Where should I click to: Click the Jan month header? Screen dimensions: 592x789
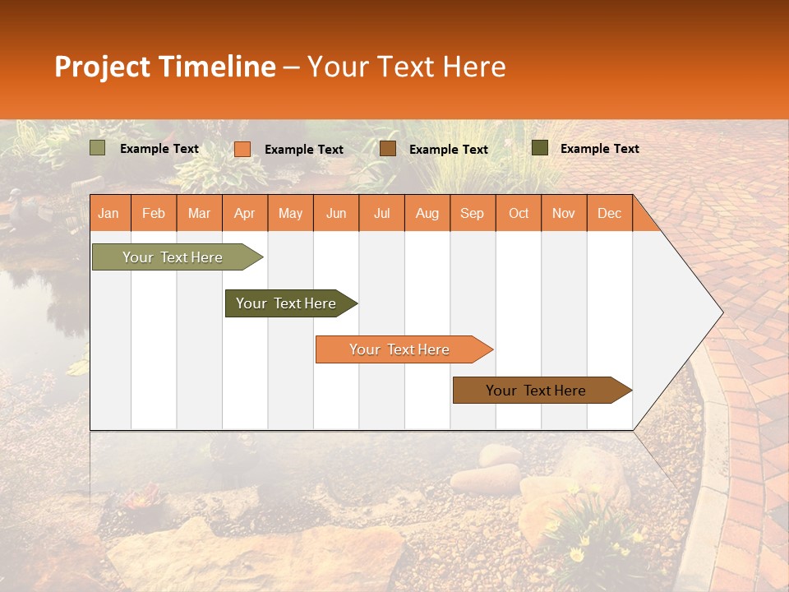point(108,214)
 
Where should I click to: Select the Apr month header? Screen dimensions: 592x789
point(244,214)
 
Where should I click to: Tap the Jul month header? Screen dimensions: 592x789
point(381,214)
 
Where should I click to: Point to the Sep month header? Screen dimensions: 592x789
point(472,214)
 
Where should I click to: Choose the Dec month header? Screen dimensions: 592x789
point(609,214)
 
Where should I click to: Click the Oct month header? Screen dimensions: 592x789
point(519,214)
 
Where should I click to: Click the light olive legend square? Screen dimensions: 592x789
point(98,148)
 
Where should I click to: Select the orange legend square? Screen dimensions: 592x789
point(242,149)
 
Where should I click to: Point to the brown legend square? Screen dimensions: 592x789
point(388,149)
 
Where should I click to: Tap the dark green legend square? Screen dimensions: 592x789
point(540,148)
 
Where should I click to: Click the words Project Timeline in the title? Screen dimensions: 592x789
point(164,67)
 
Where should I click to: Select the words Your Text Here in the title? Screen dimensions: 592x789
point(406,67)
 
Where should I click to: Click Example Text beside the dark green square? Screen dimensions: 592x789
point(599,149)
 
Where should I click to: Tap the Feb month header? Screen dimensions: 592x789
point(153,214)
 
